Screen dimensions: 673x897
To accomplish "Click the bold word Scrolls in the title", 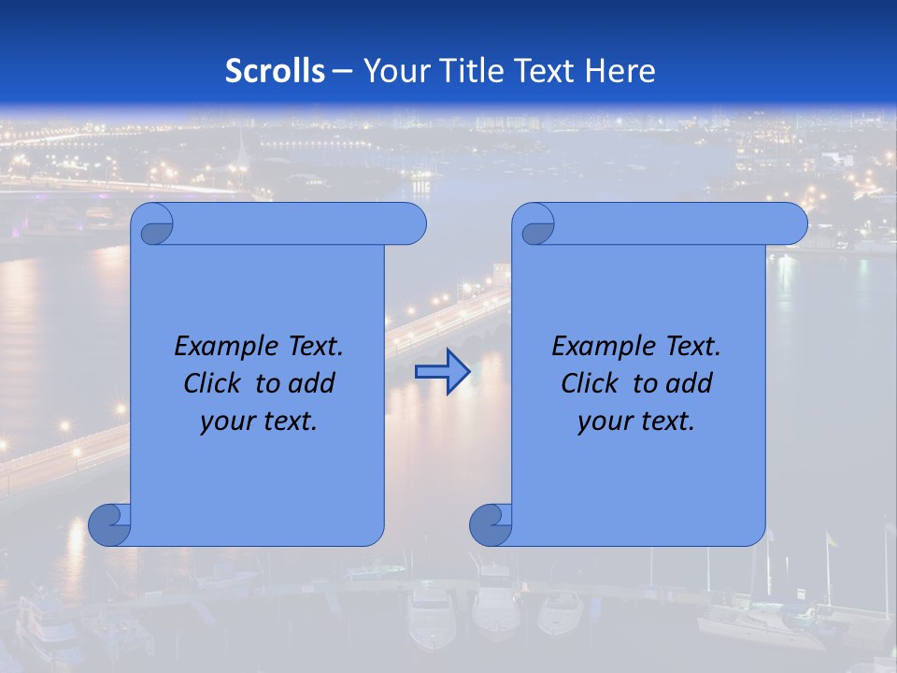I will [x=275, y=71].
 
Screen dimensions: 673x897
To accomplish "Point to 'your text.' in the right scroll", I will [x=635, y=422].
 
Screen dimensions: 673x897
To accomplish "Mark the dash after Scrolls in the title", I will [x=342, y=71].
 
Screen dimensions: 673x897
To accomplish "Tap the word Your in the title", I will [x=393, y=71].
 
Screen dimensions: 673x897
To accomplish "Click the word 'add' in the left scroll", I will [x=313, y=384].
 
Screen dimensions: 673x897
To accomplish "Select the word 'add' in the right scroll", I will [x=691, y=384].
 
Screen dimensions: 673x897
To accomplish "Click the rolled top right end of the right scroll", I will [x=790, y=224].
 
